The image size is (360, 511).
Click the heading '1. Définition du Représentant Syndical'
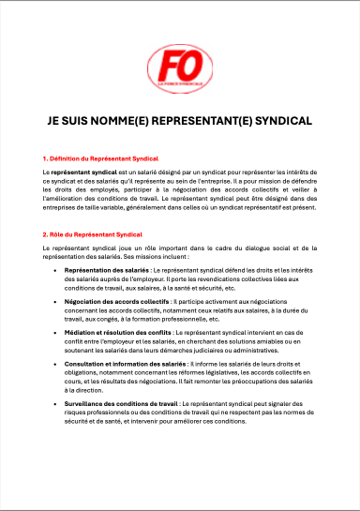101,159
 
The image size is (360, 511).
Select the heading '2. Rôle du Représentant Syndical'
92,233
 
